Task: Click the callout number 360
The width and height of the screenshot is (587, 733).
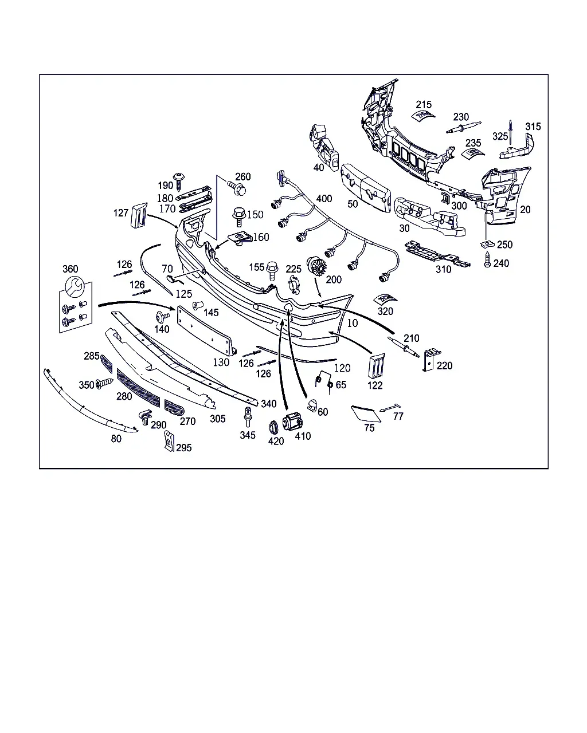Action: point(71,269)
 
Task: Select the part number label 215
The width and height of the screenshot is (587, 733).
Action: point(424,105)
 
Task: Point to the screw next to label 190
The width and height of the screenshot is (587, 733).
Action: point(179,182)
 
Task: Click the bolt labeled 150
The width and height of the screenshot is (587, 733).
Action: point(239,217)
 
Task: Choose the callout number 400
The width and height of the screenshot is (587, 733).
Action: point(324,199)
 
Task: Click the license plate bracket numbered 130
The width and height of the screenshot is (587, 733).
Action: point(206,330)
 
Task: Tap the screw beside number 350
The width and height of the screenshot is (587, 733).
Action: point(104,383)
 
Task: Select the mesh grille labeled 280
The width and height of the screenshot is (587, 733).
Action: point(138,388)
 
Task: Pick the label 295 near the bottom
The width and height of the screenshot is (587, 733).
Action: point(184,448)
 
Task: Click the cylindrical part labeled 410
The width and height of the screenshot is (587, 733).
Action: point(292,421)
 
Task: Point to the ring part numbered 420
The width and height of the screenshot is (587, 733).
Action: point(273,427)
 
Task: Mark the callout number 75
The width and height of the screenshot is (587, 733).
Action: point(369,428)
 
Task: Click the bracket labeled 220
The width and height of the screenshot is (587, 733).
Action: point(432,360)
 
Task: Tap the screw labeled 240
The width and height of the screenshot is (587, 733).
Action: point(487,260)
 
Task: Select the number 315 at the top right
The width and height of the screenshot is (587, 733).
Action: point(533,127)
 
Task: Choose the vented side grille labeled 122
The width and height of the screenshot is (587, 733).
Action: point(377,366)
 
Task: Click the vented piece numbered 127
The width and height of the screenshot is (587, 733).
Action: point(139,215)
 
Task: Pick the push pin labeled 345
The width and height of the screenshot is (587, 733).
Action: point(248,417)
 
